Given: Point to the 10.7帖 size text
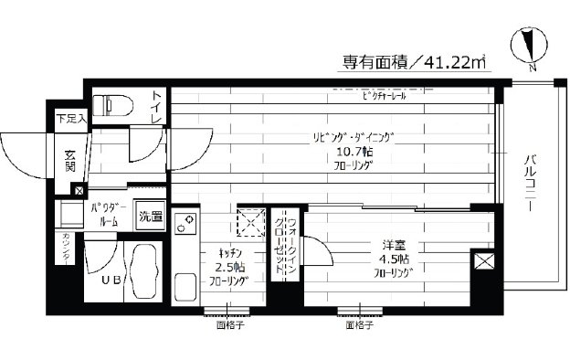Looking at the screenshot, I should point(354,153).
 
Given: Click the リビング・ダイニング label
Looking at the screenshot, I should point(354,138).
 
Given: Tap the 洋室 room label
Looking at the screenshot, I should point(394,244).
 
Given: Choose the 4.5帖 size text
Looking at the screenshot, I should point(393,259).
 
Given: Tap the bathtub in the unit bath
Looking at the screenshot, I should point(142,272).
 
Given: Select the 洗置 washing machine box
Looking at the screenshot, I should point(151,217).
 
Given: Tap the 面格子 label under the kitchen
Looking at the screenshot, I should point(229,323).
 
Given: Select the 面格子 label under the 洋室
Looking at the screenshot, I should point(358,323).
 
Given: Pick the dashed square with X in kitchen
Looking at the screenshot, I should point(248,221).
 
